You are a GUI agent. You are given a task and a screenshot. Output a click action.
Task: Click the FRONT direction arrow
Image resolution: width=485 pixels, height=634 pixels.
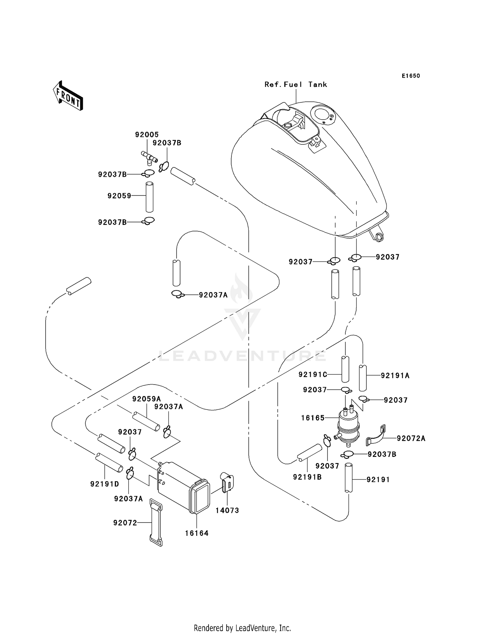pyautogui.click(x=68, y=96)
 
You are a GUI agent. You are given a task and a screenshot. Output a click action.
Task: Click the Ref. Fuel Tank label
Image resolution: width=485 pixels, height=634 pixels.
pyautogui.click(x=296, y=85)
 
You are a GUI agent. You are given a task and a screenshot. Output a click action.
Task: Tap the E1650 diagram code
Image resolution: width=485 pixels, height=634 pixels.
pyautogui.click(x=411, y=76)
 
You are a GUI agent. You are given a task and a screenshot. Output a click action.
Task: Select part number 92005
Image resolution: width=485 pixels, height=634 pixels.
pyautogui.click(x=147, y=134)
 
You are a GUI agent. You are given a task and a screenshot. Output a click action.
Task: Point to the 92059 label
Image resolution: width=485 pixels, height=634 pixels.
pyautogui.click(x=119, y=195)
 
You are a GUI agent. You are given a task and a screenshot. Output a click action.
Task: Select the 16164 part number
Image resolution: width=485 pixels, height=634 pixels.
pyautogui.click(x=197, y=533)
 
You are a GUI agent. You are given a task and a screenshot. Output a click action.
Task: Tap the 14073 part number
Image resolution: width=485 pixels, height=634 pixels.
pyautogui.click(x=227, y=510)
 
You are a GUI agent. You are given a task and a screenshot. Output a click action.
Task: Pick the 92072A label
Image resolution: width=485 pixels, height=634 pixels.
pyautogui.click(x=411, y=438)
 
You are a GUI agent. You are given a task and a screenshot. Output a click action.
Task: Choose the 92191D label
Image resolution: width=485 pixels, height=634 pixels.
pyautogui.click(x=104, y=484)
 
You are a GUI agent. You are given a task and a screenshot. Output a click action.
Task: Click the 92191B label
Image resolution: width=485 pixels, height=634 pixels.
pyautogui.click(x=307, y=477)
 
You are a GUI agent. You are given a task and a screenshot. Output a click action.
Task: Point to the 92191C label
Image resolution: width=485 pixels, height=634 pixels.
pyautogui.click(x=313, y=375)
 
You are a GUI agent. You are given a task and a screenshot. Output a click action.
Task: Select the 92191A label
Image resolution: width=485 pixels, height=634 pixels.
pyautogui.click(x=395, y=375)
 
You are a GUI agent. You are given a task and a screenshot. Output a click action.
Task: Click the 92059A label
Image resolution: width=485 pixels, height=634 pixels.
pyautogui.click(x=146, y=399)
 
